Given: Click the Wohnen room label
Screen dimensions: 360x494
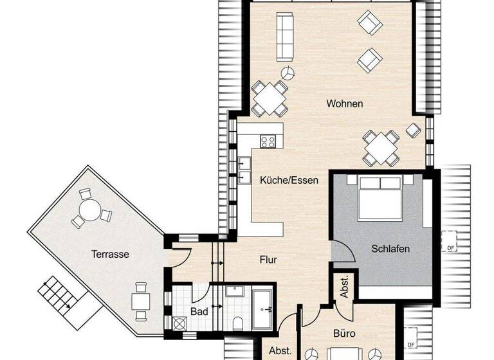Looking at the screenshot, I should tap(345, 104).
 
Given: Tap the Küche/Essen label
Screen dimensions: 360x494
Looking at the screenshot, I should tap(289, 181).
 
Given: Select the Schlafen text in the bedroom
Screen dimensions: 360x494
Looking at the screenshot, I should tap(390, 248).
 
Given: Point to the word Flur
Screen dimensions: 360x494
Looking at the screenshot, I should tap(268, 260).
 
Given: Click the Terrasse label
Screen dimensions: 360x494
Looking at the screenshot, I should tap(110, 254).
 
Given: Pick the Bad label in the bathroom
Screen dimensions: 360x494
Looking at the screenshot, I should tap(199, 312).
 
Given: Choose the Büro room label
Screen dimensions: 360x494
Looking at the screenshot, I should tap(343, 334).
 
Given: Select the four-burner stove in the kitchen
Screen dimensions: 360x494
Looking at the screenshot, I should tap(268, 140).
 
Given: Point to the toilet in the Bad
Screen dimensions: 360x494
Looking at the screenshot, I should tap(237, 323).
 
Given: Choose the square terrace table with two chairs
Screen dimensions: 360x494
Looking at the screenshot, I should tap(141, 300).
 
